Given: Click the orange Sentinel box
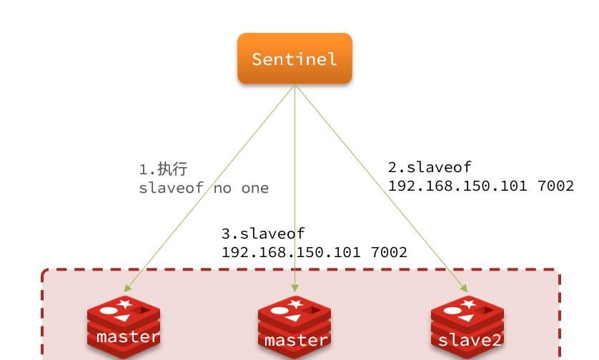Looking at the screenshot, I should tap(294, 59).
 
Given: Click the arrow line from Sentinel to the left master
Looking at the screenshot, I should tap(214, 186).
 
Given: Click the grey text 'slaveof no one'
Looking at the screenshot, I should tap(204, 188).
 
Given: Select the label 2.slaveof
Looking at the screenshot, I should tap(430, 167).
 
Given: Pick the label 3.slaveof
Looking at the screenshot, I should tap(263, 234).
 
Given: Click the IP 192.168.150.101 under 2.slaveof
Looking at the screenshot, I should tap(457, 186).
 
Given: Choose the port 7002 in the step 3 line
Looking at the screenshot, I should tap(387, 252).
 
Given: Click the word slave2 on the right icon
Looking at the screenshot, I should tap(470, 339).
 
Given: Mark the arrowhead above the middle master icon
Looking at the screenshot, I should tap(294, 289).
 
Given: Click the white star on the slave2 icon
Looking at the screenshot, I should tap(469, 305).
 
